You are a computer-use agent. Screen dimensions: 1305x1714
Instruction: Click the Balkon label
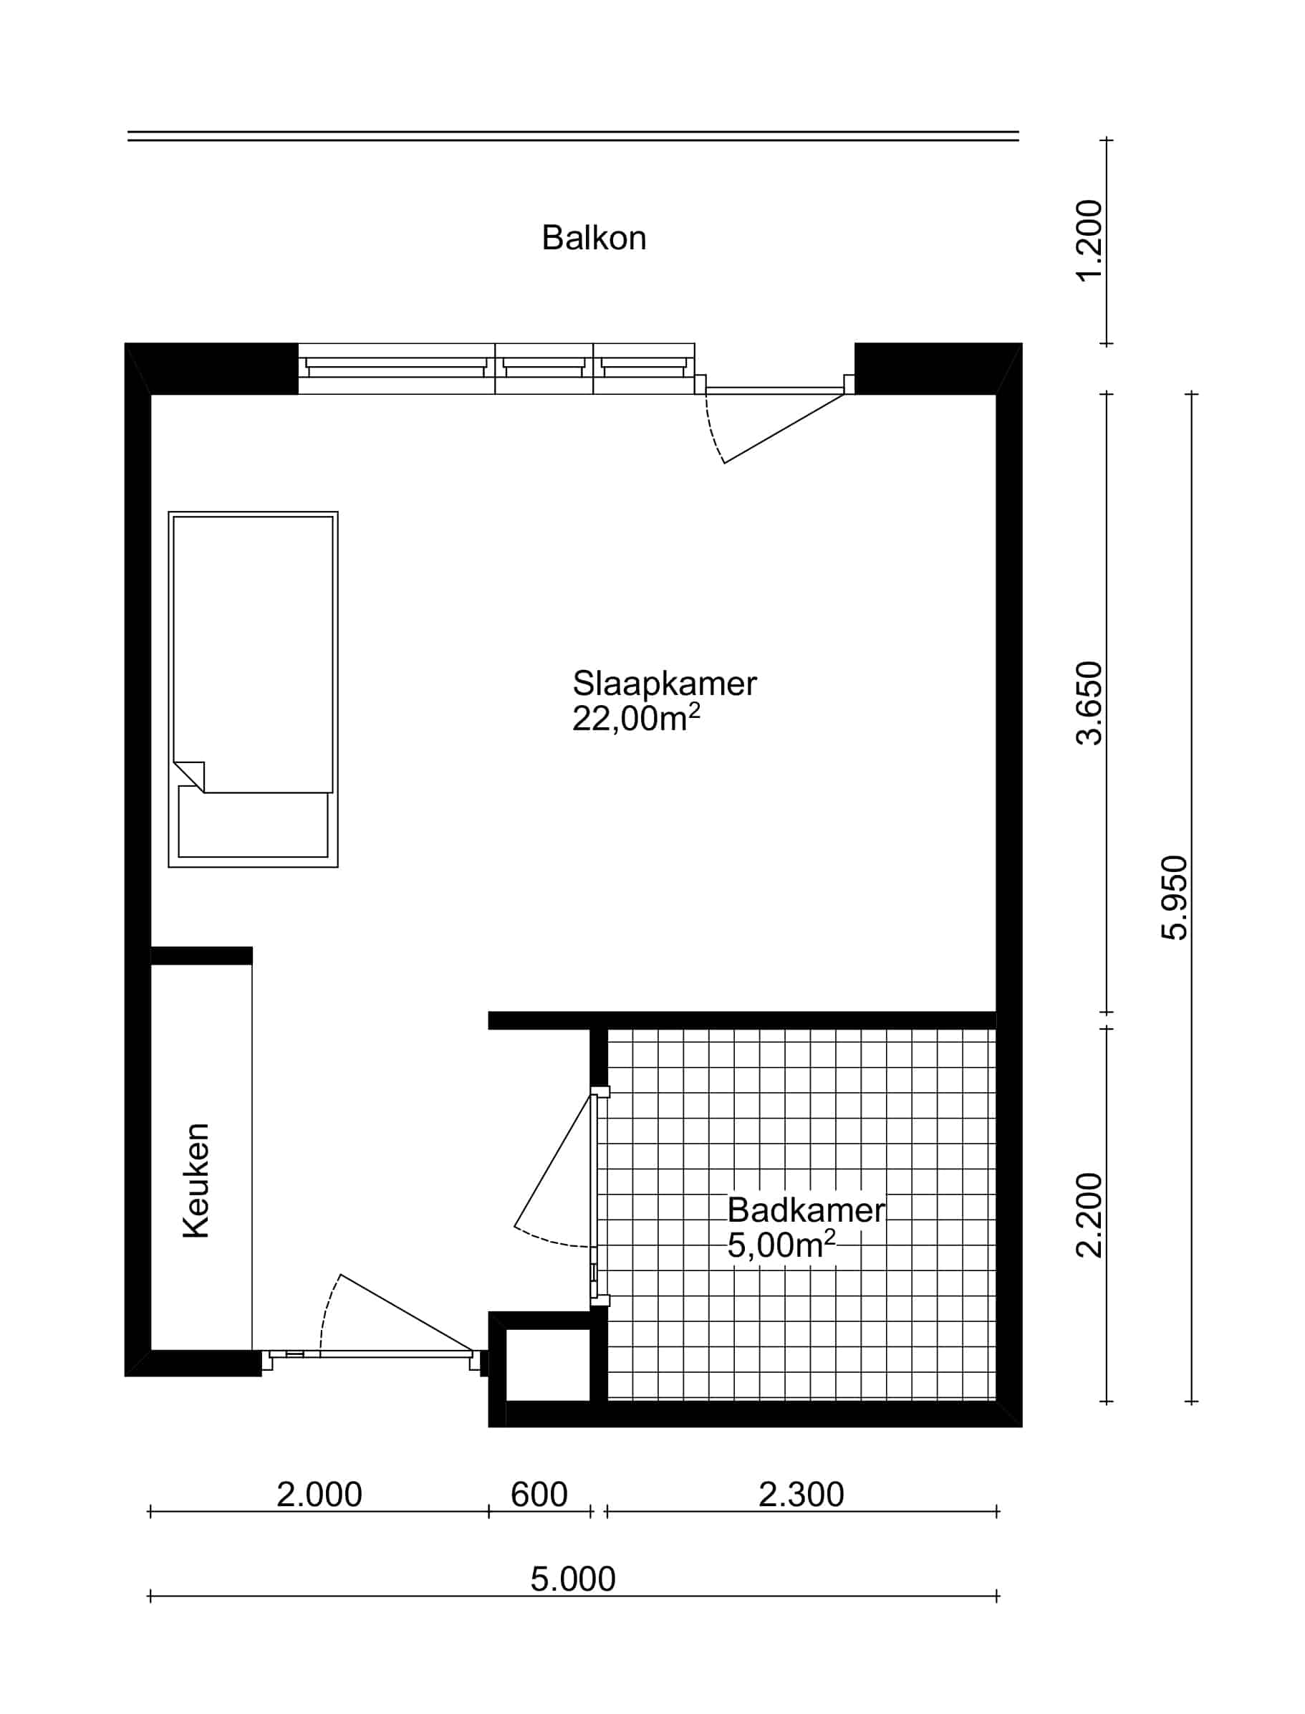click(594, 238)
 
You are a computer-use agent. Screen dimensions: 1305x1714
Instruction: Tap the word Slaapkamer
click(664, 684)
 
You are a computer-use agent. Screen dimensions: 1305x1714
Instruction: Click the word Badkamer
click(806, 1210)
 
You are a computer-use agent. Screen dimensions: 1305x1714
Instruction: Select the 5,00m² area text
click(781, 1245)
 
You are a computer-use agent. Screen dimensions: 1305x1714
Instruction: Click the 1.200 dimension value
click(1089, 241)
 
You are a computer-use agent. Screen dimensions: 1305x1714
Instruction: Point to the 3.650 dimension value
click(1089, 703)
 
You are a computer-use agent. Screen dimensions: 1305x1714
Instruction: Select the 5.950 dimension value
click(1174, 897)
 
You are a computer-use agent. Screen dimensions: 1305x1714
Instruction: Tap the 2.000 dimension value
click(319, 1494)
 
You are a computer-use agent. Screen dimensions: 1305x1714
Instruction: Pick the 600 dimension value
click(539, 1494)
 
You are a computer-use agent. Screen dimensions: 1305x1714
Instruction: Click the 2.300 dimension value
click(801, 1494)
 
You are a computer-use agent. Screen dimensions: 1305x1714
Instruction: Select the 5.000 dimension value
click(573, 1579)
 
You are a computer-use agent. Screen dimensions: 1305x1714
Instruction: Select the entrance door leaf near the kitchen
click(407, 1312)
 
